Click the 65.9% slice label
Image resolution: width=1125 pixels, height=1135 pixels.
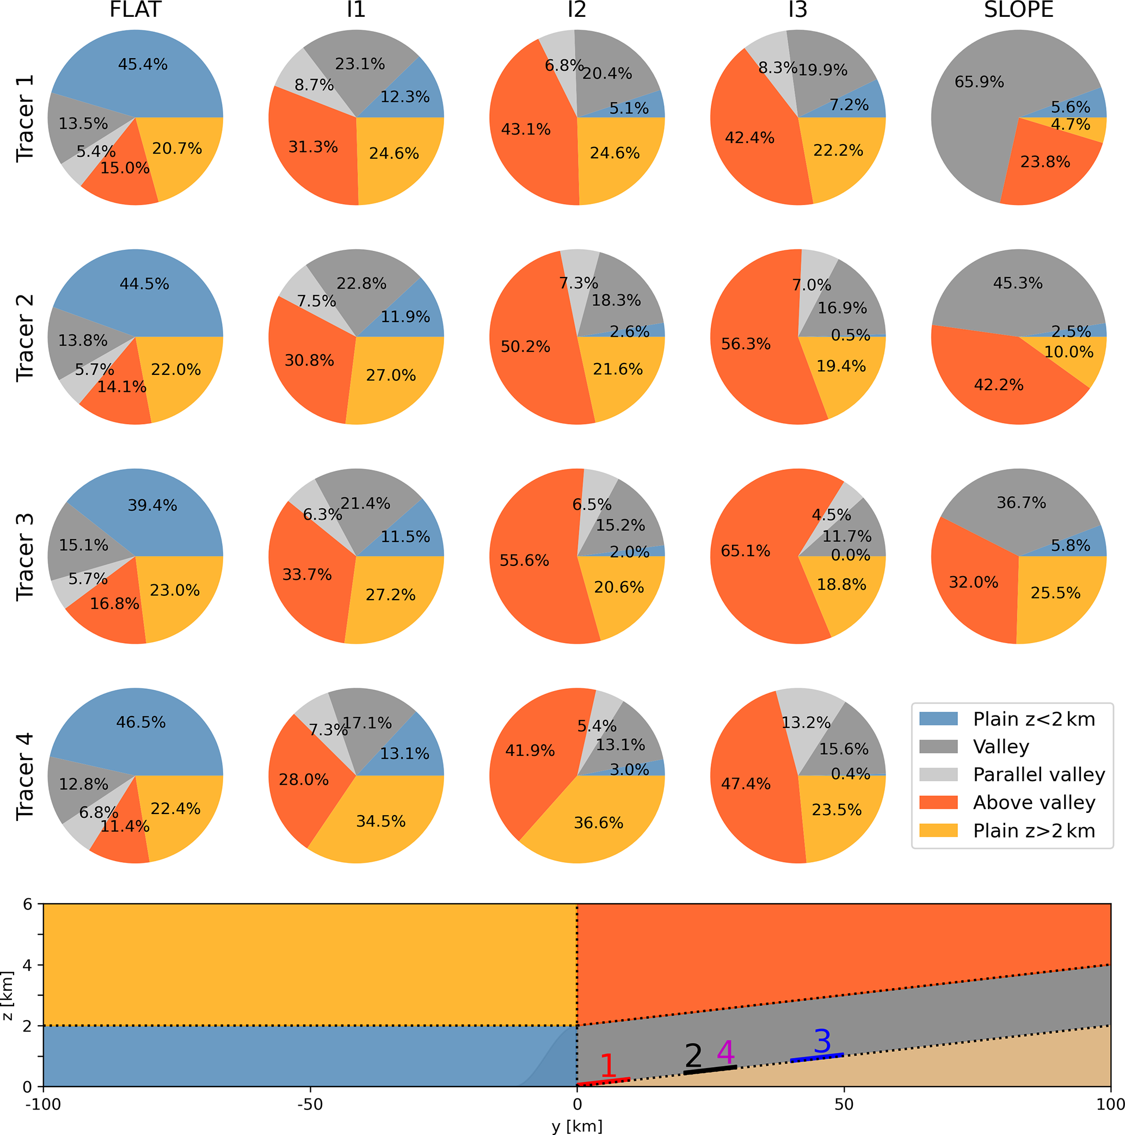(979, 82)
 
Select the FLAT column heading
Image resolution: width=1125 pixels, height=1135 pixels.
(135, 10)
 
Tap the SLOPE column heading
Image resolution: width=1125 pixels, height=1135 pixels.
(1019, 10)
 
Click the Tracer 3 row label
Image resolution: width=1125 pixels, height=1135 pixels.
(24, 556)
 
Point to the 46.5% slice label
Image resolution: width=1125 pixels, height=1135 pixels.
(141, 722)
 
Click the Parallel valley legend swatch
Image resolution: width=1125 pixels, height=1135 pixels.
(938, 774)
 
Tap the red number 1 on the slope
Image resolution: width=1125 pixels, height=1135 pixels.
(607, 1065)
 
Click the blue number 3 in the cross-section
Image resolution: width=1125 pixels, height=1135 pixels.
(822, 1041)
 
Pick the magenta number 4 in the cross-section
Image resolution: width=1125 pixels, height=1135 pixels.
(726, 1052)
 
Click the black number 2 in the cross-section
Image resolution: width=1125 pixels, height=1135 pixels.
(693, 1056)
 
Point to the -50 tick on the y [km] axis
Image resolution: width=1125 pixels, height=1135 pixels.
(310, 1105)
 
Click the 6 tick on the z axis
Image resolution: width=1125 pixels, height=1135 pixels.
(27, 904)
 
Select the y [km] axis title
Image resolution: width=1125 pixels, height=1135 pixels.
(576, 1126)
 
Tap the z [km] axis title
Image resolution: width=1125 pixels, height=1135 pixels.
(8, 995)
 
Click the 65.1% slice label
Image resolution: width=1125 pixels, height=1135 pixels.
(745, 551)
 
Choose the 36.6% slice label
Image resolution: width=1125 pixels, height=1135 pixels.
(598, 823)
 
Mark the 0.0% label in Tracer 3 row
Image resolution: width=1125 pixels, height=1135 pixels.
(850, 554)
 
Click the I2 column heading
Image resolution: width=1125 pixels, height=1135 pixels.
(576, 10)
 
